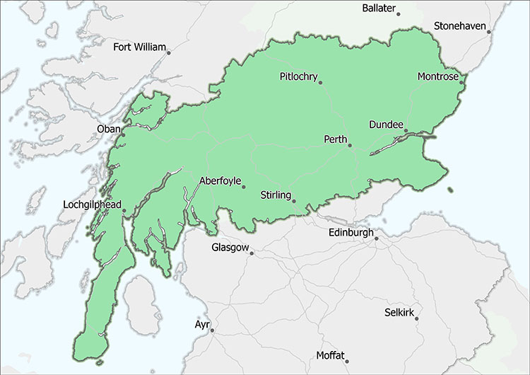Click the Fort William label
tap(139, 48)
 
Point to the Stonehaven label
tap(460, 26)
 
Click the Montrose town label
tap(438, 76)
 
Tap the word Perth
tap(336, 139)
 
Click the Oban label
tap(108, 129)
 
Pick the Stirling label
tap(276, 195)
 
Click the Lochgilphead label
tap(90, 204)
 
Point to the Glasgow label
tap(230, 248)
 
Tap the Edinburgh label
tap(351, 233)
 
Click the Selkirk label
tap(399, 312)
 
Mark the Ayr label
tap(202, 325)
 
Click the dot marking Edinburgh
tap(377, 238)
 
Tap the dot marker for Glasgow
tap(251, 253)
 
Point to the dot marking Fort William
tap(168, 52)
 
